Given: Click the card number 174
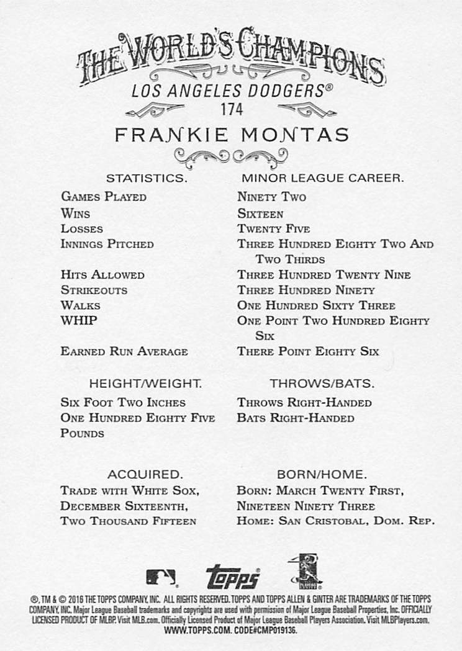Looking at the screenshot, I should tap(231, 109).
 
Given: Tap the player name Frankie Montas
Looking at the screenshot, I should tap(232, 135).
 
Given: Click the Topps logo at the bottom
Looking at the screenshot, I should tap(232, 577).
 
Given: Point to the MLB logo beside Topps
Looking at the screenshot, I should tap(161, 577).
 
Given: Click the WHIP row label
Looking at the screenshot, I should tap(79, 321).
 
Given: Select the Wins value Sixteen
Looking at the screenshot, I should tap(260, 213).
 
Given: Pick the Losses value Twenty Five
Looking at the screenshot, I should tap(273, 229).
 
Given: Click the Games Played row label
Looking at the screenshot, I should tap(104, 197).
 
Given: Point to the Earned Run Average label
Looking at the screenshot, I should tap(124, 352).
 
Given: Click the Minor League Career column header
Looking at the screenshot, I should tap(322, 178).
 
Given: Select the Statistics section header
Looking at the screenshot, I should tap(147, 178).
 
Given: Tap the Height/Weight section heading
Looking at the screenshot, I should tap(145, 384).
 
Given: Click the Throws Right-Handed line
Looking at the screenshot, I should tap(304, 403).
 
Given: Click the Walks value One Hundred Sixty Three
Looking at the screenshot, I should tap(316, 306).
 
